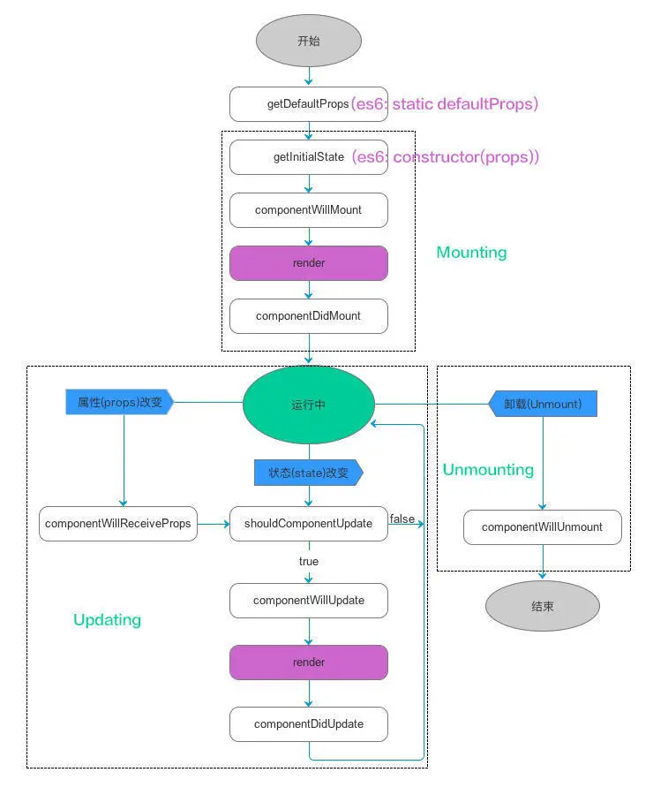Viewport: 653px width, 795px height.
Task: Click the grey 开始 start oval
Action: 309,41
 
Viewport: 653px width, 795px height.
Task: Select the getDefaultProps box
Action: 308,104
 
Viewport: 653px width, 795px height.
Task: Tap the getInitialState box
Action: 308,157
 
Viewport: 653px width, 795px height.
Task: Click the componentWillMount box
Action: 308,210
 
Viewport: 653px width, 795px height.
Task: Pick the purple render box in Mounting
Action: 308,263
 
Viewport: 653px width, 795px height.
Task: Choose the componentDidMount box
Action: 308,316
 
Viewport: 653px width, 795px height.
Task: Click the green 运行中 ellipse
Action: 308,405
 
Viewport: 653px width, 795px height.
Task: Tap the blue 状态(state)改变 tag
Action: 308,473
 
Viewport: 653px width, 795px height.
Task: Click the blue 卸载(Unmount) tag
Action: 543,404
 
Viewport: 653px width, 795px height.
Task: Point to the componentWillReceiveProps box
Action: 118,524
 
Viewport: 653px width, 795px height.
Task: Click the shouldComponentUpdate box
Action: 308,524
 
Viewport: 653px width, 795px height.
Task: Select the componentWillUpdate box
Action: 308,601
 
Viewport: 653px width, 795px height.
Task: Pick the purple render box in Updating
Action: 308,662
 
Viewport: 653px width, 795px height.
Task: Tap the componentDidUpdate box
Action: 308,724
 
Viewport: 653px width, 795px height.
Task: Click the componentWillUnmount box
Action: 542,527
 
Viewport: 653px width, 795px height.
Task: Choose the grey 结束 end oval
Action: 542,607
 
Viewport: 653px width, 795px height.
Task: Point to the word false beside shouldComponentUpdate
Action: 402,519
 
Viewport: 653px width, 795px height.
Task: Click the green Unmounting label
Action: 488,469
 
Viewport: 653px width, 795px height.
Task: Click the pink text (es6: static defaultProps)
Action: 445,104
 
